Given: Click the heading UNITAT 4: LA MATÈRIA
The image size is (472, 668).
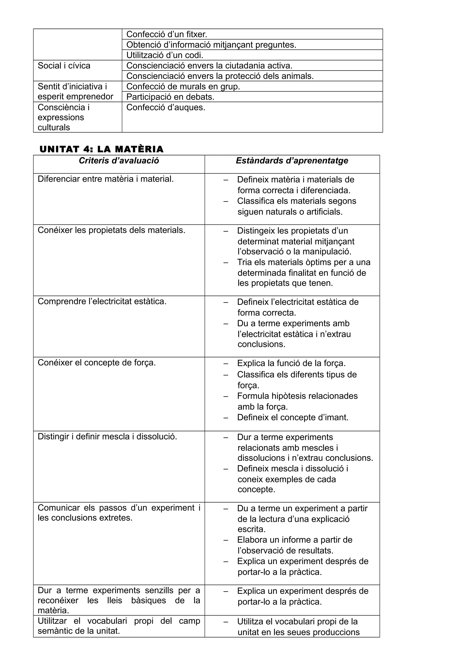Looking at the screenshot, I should (x=101, y=149).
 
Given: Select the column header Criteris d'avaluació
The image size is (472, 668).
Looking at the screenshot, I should (x=119, y=161).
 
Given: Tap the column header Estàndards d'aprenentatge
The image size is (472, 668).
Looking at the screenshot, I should (x=292, y=161).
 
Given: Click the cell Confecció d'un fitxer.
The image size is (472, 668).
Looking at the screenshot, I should (x=167, y=34).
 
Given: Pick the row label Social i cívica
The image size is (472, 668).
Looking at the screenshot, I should (x=64, y=66).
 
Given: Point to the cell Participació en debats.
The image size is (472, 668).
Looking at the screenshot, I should (x=170, y=97).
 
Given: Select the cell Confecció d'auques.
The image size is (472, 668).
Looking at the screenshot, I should (x=166, y=108).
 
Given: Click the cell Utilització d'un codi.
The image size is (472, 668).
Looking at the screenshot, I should (x=165, y=55).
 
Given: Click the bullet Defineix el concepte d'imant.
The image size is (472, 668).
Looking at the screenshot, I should (x=292, y=417).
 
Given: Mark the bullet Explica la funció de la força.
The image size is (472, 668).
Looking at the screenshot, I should (x=291, y=363).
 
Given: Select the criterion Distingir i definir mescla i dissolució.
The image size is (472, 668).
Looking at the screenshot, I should (x=107, y=437).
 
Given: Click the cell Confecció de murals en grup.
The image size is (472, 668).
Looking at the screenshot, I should (x=183, y=86).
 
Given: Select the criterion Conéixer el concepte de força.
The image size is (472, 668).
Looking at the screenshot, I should (x=97, y=363).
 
